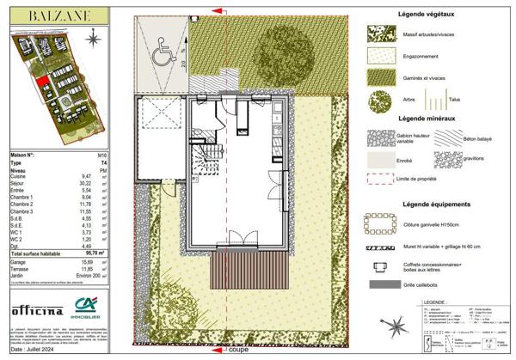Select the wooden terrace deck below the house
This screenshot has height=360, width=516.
click(241, 277)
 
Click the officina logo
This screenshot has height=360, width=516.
click(36, 309)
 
